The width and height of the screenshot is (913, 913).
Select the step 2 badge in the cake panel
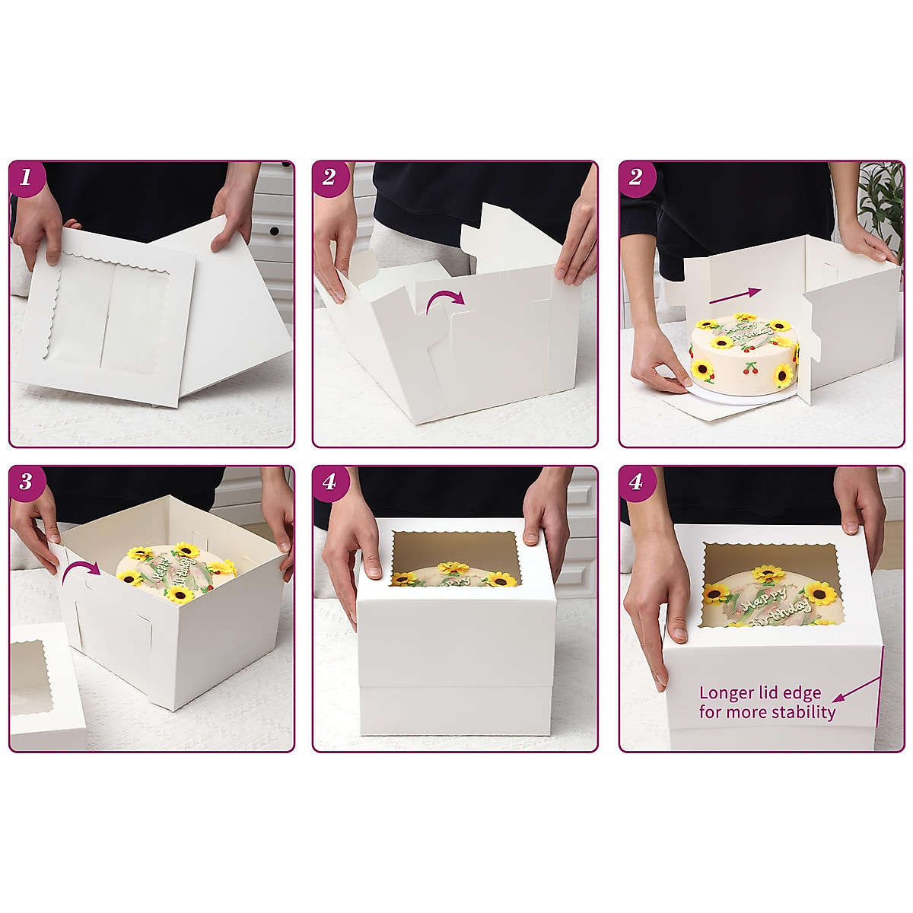[636, 178]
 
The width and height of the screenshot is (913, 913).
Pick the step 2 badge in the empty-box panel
[329, 178]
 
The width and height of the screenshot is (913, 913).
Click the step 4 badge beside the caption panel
[636, 482]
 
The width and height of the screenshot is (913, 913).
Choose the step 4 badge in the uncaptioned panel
[329, 482]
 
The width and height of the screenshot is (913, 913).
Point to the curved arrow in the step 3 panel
[79, 574]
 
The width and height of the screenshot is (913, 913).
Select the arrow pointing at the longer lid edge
[856, 689]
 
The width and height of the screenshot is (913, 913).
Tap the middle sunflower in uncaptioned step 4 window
[454, 568]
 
